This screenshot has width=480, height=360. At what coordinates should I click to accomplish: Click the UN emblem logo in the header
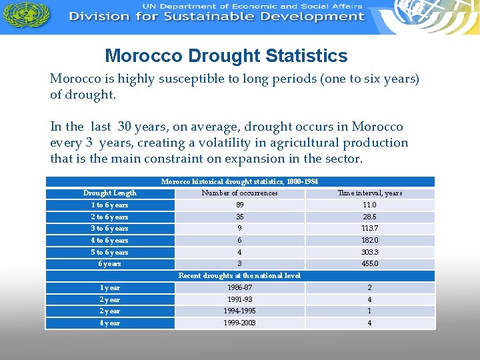pyautogui.click(x=34, y=15)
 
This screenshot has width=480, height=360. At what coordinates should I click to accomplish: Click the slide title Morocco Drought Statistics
pyautogui.click(x=226, y=56)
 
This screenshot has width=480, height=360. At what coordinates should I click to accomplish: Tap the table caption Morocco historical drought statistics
pyautogui.click(x=239, y=181)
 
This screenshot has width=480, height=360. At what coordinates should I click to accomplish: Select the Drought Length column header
pyautogui.click(x=110, y=193)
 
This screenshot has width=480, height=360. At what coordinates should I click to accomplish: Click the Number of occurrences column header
pyautogui.click(x=239, y=193)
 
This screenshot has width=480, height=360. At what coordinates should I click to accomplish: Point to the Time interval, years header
pyautogui.click(x=369, y=193)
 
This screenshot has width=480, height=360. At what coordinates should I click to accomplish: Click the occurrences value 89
pyautogui.click(x=239, y=205)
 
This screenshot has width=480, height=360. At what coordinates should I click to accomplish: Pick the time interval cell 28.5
pyautogui.click(x=369, y=217)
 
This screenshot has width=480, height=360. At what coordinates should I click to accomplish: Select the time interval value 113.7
pyautogui.click(x=369, y=229)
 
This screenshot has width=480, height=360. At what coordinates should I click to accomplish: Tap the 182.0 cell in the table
pyautogui.click(x=369, y=241)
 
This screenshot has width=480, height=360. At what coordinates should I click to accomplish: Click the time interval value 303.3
pyautogui.click(x=369, y=253)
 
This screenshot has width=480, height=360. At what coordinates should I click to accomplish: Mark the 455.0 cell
pyautogui.click(x=369, y=264)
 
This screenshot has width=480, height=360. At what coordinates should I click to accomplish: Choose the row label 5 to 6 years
pyautogui.click(x=110, y=253)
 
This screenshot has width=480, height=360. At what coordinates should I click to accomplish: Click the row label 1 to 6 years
pyautogui.click(x=110, y=205)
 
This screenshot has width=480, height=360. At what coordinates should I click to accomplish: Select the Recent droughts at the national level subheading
pyautogui.click(x=239, y=276)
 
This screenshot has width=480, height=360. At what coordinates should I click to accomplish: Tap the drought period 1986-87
pyautogui.click(x=239, y=288)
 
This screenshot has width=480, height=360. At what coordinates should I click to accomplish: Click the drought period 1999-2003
pyautogui.click(x=239, y=323)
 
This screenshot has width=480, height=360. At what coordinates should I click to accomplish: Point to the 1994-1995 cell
pyautogui.click(x=239, y=311)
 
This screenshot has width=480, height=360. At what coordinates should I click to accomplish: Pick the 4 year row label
pyautogui.click(x=110, y=323)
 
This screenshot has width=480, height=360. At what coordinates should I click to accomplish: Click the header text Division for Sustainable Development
pyautogui.click(x=217, y=17)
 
